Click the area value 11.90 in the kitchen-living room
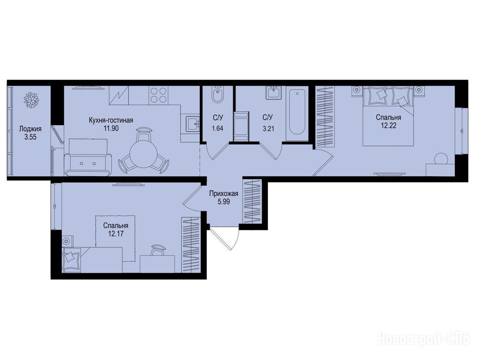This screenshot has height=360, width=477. (x=111, y=128)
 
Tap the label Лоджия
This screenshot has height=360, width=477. (x=30, y=129)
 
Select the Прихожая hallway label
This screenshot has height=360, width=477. (x=224, y=194)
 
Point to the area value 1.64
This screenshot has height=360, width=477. (x=218, y=128)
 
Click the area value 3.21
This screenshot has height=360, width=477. (x=268, y=128)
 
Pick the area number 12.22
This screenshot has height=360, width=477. (x=388, y=125)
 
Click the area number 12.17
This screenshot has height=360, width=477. (x=115, y=233)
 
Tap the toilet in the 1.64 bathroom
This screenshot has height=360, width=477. (x=217, y=94)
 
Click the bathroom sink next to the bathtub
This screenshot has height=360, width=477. (x=274, y=92)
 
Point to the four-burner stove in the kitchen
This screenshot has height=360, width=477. (x=159, y=94)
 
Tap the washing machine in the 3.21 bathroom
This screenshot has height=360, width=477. (x=241, y=126)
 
